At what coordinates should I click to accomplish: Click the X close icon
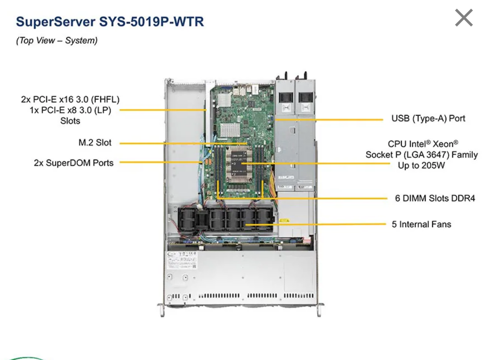[464, 18]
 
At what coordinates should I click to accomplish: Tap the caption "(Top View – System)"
[57, 41]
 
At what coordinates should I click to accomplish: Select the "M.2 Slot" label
[95, 143]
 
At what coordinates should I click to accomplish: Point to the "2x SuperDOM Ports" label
[74, 163]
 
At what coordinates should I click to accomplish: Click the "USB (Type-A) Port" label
[428, 119]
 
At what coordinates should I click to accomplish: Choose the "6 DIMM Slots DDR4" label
[435, 198]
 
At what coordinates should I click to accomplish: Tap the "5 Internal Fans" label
[421, 224]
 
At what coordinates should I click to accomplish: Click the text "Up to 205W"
[421, 165]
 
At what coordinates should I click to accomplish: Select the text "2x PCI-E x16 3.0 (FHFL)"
[70, 99]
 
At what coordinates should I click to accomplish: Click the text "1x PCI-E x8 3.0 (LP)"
[70, 110]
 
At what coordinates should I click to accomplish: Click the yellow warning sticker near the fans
[284, 221]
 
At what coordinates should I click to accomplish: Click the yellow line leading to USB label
[330, 119]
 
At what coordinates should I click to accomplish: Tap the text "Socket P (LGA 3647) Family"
[421, 155]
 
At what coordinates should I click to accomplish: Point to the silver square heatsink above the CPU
[230, 130]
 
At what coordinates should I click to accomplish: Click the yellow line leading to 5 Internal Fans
[316, 224]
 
